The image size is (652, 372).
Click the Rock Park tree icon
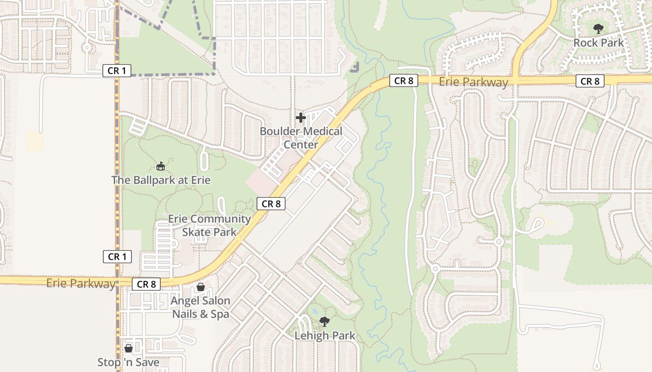[x=598, y=29]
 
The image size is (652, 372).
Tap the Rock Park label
[x=598, y=43]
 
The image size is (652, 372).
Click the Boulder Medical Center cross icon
[x=301, y=118]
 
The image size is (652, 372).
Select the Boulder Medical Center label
[x=301, y=138]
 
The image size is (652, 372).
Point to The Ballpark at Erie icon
[x=161, y=166]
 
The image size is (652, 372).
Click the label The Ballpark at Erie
[x=161, y=180]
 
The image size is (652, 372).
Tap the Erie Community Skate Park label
[x=209, y=225]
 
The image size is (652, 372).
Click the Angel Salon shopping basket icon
[x=201, y=287]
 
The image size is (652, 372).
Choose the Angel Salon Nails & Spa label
[x=201, y=307]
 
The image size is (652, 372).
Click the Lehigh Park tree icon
[x=325, y=321]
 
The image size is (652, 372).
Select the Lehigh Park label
[x=325, y=335]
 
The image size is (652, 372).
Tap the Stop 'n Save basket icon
[x=129, y=348]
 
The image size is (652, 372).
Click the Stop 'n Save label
[x=129, y=362]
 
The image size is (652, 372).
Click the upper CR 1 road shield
[x=117, y=71]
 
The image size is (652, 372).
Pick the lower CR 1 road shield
[x=117, y=257]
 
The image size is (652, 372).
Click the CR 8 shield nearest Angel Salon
[x=146, y=284]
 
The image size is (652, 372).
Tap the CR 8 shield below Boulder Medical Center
[x=271, y=204]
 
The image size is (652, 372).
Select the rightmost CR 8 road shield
[x=590, y=81]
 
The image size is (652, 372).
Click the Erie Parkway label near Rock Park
[x=474, y=83]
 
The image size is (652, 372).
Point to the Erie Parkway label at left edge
[x=81, y=283]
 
